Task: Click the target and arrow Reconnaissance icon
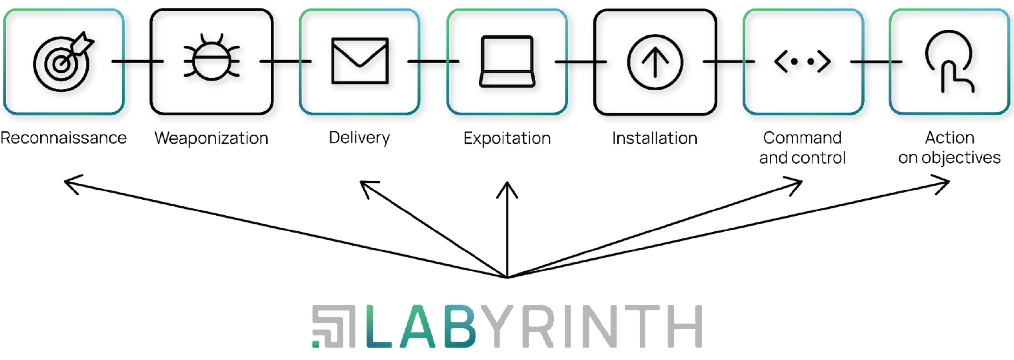click(x=63, y=62)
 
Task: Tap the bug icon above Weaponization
click(x=212, y=59)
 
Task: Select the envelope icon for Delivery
click(x=360, y=61)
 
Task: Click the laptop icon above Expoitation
click(x=507, y=61)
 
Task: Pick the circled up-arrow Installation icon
click(x=655, y=62)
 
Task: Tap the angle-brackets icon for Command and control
click(x=802, y=61)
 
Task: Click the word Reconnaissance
click(x=63, y=138)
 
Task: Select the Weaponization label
click(x=211, y=138)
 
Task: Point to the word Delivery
click(x=359, y=138)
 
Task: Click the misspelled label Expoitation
click(x=507, y=138)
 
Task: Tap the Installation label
click(x=655, y=138)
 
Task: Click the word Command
click(x=802, y=138)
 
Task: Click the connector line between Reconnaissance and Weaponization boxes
click(x=137, y=61)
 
